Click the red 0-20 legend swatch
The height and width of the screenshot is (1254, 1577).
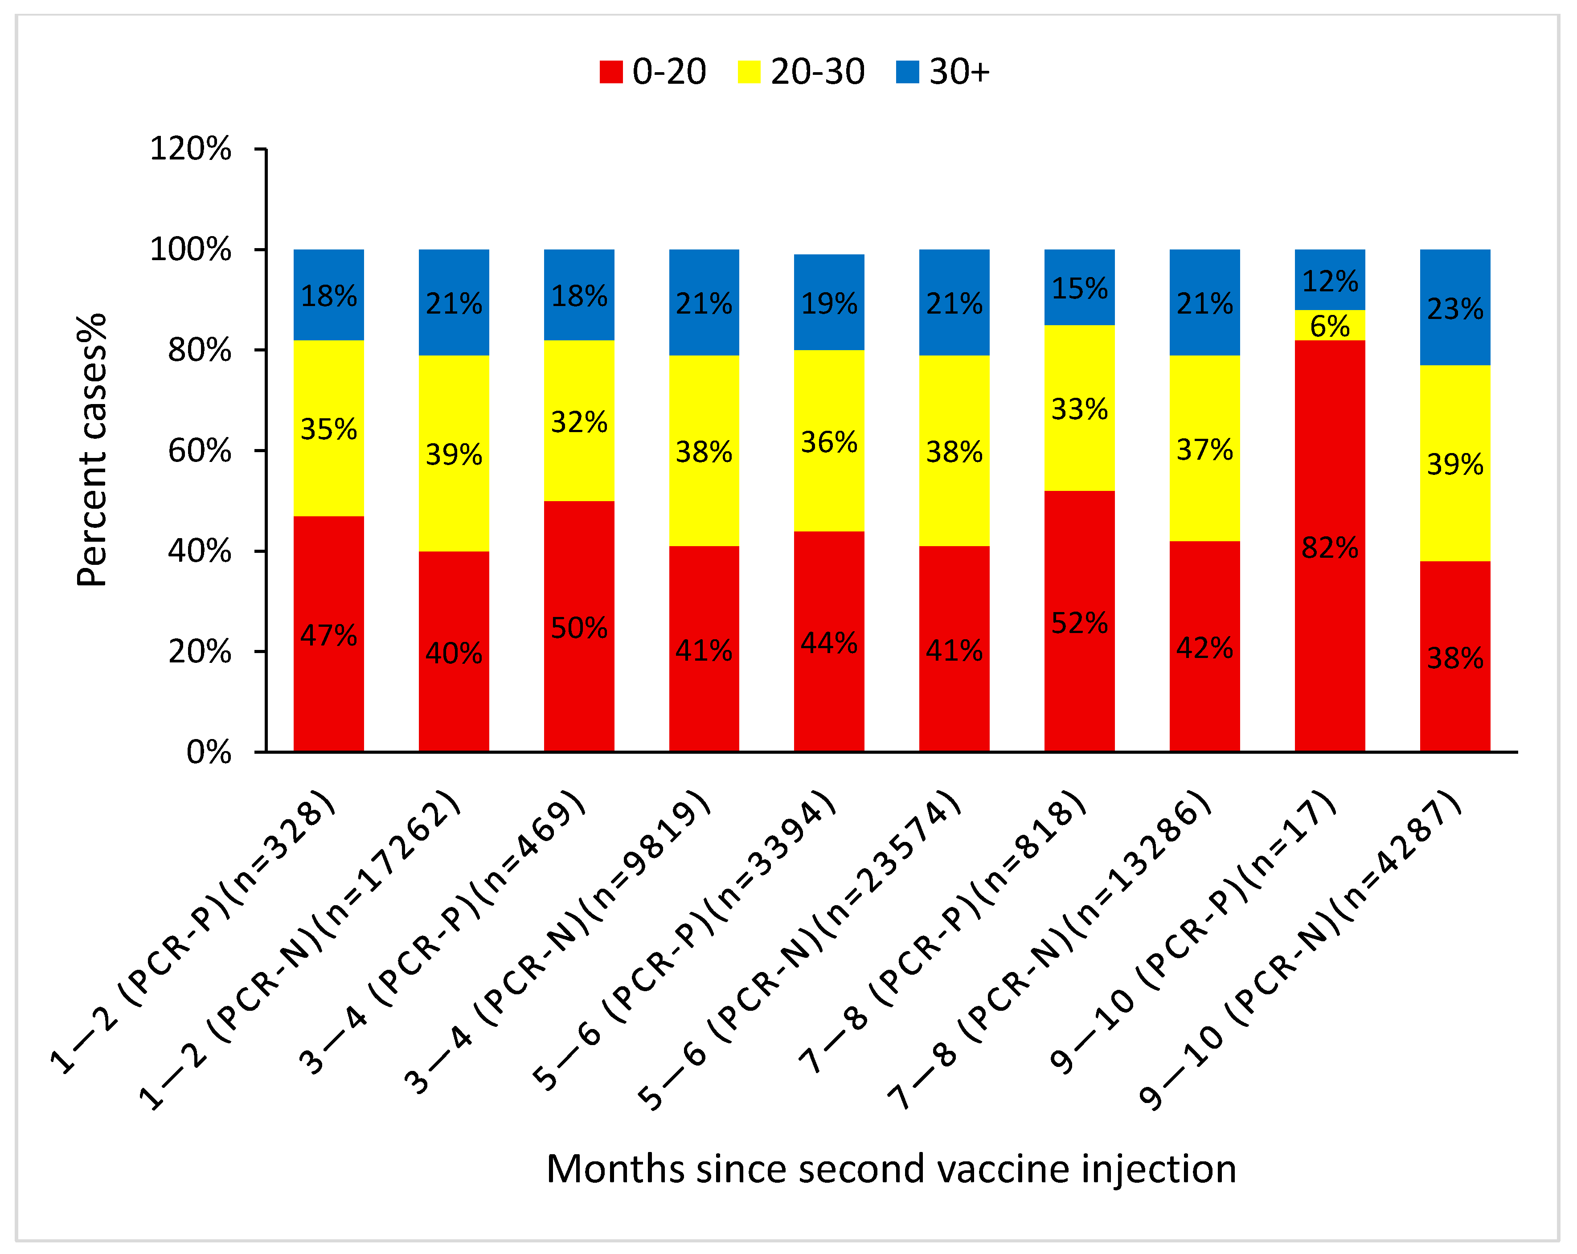tap(611, 72)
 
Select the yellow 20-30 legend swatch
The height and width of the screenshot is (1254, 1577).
tap(749, 72)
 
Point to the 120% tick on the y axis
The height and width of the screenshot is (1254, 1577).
tap(190, 149)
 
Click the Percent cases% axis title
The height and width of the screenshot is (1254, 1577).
tap(92, 449)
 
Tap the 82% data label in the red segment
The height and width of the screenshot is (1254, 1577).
tap(1329, 547)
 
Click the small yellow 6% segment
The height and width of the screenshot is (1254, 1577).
tap(1329, 325)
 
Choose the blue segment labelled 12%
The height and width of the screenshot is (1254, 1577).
tap(1329, 280)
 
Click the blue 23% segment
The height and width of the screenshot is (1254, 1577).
tap(1455, 308)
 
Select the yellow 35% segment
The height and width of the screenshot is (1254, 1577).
tap(328, 429)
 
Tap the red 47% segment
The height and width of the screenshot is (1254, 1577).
tap(328, 635)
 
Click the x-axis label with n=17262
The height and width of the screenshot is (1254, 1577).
tap(300, 951)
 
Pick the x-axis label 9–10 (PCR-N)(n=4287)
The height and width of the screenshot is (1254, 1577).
tap(1302, 951)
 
